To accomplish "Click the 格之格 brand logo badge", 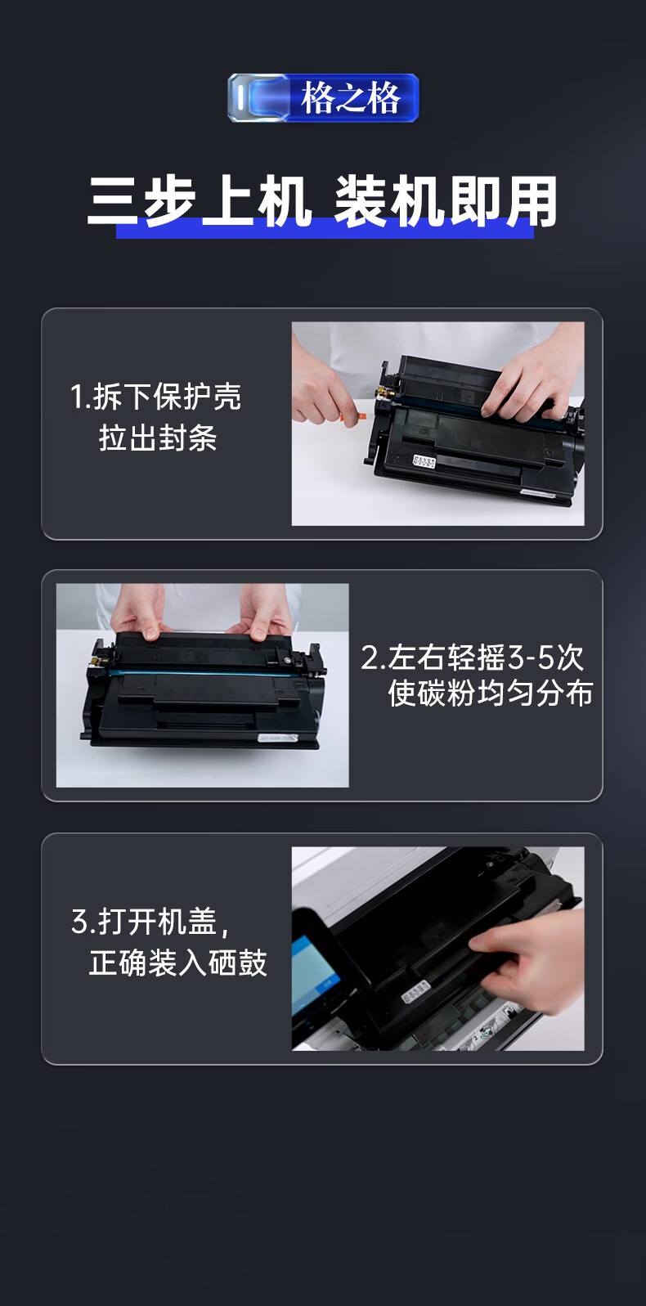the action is pyautogui.click(x=323, y=98).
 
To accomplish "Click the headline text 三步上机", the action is pyautogui.click(x=200, y=201).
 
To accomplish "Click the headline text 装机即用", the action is pyautogui.click(x=446, y=201).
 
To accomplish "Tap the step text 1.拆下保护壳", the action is pyautogui.click(x=155, y=397).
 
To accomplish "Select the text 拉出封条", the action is pyautogui.click(x=158, y=438).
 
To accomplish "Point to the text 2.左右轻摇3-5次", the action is pyautogui.click(x=473, y=657).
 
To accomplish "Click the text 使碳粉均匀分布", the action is pyautogui.click(x=491, y=693).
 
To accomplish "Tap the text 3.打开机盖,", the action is pyautogui.click(x=150, y=922).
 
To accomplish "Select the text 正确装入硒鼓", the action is pyautogui.click(x=177, y=963).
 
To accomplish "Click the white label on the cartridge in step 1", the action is pyautogui.click(x=424, y=461).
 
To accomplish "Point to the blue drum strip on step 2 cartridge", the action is pyautogui.click(x=216, y=673).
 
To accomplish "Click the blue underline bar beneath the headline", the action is pyautogui.click(x=325, y=231).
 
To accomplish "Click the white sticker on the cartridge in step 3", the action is pyautogui.click(x=415, y=990).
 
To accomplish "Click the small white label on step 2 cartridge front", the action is pyautogui.click(x=278, y=738).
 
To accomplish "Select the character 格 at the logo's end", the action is pyautogui.click(x=384, y=98).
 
